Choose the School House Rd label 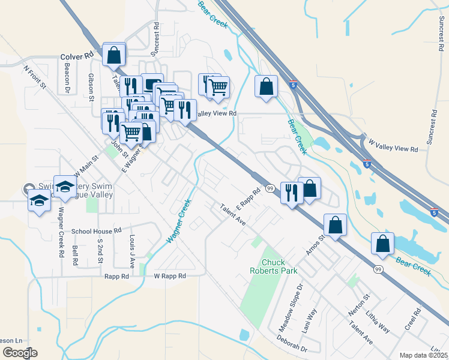(x=97, y=230)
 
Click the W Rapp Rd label (x=170, y=276)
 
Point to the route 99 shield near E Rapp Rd (x=270, y=188)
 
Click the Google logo (x=20, y=353)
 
